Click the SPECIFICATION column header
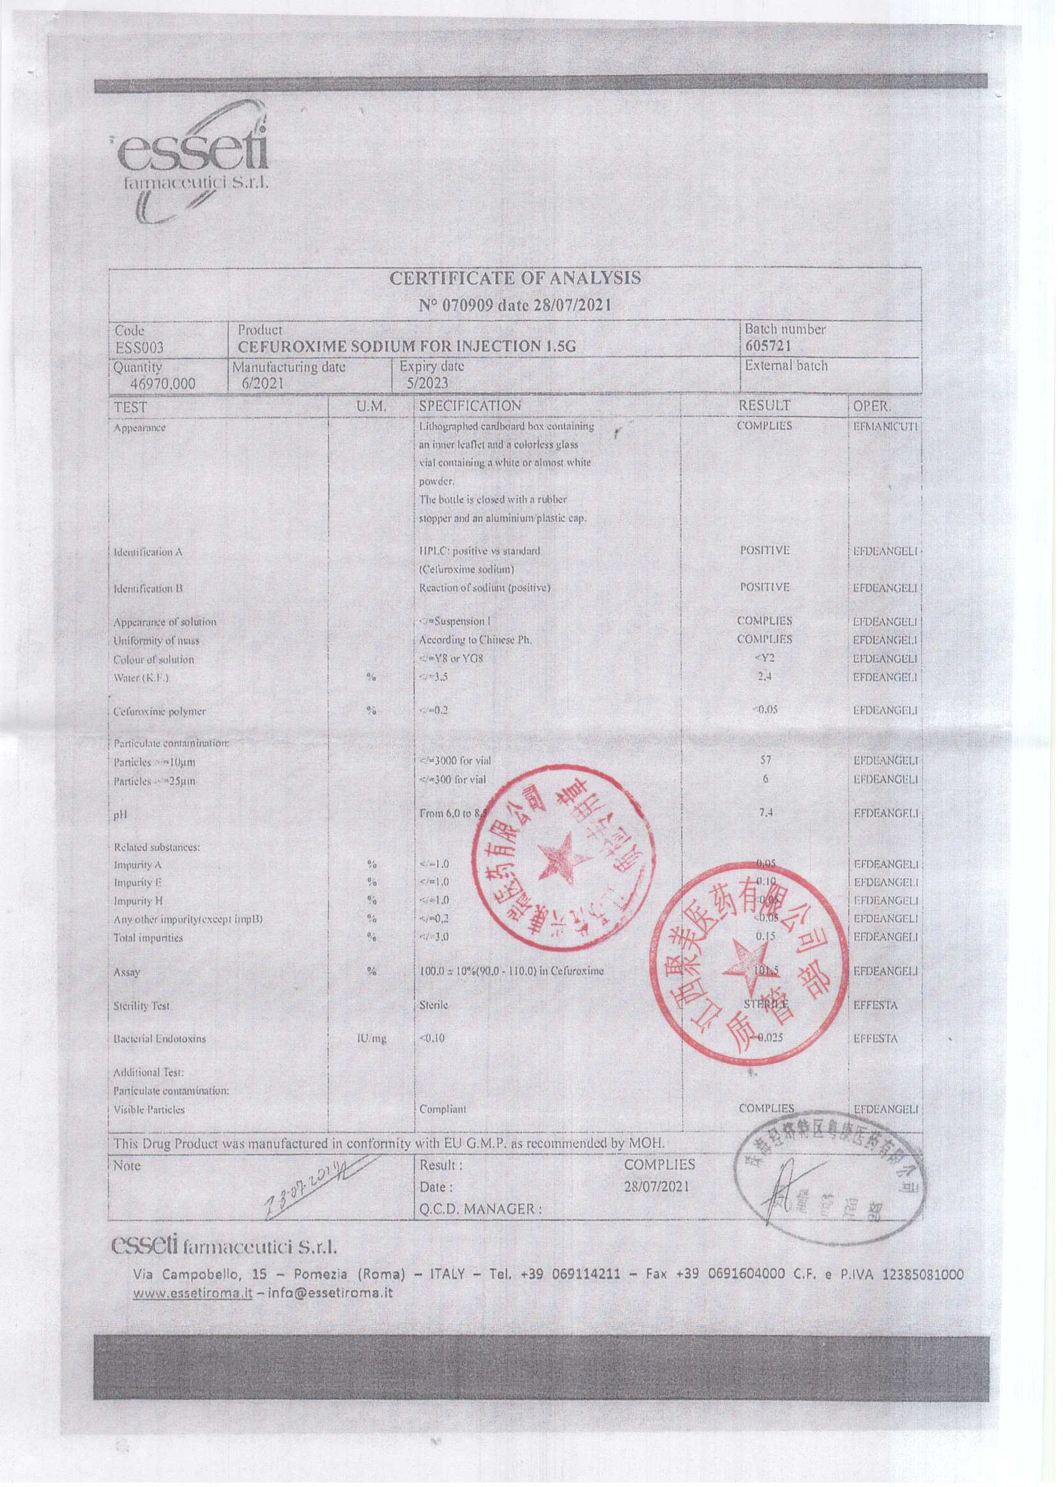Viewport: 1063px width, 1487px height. (470, 406)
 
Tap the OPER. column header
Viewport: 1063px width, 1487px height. (871, 406)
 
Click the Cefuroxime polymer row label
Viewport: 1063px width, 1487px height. (160, 712)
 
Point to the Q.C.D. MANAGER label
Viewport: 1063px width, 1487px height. (480, 1210)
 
